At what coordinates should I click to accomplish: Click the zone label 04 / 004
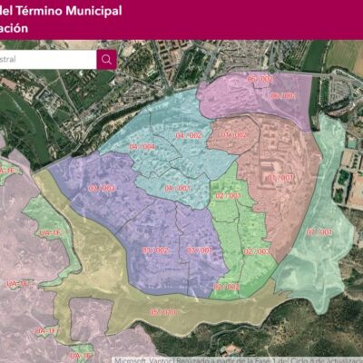142,146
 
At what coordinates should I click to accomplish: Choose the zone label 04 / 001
178,189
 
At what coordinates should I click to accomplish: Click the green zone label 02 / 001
227,196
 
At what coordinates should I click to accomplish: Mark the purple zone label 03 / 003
103,188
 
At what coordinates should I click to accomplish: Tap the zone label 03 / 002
155,250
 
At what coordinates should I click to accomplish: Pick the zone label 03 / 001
200,250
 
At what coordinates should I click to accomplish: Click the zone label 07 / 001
319,232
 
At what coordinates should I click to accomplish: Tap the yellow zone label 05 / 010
162,312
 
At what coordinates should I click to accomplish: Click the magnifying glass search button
107,60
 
